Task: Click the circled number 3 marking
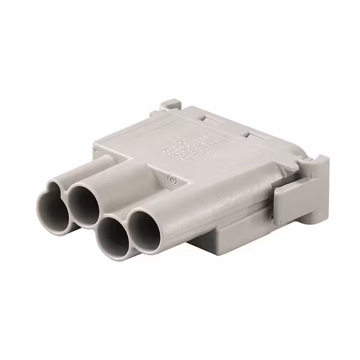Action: coord(173,180)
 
